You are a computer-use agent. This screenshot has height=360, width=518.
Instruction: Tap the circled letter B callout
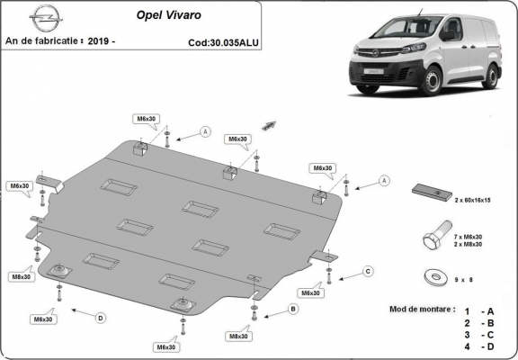pyautogui.click(x=291, y=310)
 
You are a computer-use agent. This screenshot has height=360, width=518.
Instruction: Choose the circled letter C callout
pyautogui.click(x=368, y=271)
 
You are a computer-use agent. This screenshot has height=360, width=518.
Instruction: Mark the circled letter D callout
pyautogui.click(x=101, y=317)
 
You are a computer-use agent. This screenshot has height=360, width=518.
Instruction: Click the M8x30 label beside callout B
pyautogui.click(x=238, y=336)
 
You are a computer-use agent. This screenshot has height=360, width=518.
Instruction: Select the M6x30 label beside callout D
pyautogui.click(x=43, y=319)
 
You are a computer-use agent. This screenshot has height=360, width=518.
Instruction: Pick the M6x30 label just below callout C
pyautogui.click(x=311, y=292)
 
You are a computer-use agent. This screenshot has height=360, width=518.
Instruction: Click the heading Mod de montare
pyautogui.click(x=422, y=308)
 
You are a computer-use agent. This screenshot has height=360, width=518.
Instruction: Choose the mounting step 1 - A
pyautogui.click(x=477, y=309)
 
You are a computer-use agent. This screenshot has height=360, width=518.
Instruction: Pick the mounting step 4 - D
pyautogui.click(x=477, y=346)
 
